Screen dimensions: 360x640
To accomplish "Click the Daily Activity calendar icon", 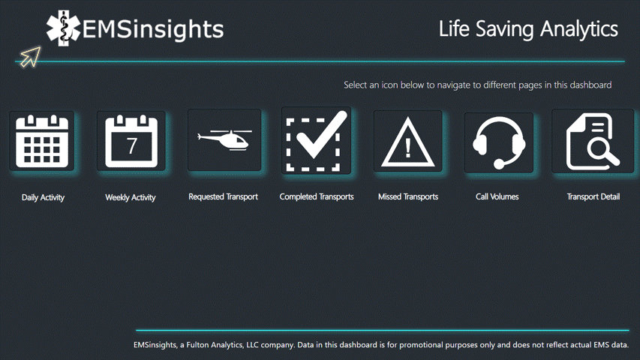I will (x=42, y=141).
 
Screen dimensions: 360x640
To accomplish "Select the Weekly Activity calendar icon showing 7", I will (x=131, y=141).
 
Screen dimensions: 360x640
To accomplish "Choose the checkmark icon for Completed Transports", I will (x=316, y=141).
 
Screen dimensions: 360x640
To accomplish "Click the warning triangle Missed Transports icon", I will (x=407, y=142).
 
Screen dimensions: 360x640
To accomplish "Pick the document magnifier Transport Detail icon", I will (x=592, y=142).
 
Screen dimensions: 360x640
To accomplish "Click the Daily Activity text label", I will (x=43, y=197).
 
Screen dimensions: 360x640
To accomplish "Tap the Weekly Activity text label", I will (x=131, y=197).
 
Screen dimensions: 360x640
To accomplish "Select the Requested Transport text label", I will (x=223, y=196).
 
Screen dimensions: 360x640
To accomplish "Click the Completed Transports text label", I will (x=317, y=196).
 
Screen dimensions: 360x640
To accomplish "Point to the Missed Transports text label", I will (x=408, y=196).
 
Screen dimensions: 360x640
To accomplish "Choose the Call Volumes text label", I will (x=497, y=196).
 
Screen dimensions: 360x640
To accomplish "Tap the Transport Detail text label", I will (x=593, y=196).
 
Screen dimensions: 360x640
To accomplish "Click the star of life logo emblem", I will (x=63, y=28).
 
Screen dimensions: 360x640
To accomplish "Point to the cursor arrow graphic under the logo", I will (x=30, y=56).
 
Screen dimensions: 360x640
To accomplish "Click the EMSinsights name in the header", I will (x=153, y=29).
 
